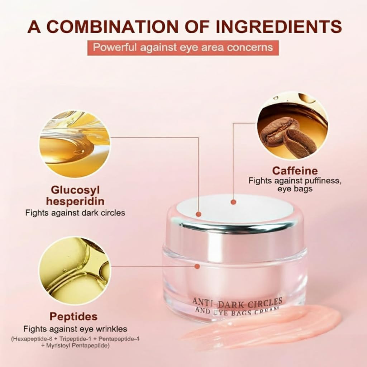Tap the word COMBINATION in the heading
point(111,27)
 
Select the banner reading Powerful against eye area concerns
point(183,48)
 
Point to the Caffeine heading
point(295,171)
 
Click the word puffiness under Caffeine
point(321,181)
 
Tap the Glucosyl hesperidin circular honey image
point(75,144)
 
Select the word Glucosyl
point(75,190)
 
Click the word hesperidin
point(75,201)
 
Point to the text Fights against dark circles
point(75,213)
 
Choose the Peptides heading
point(73,317)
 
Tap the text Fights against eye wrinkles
point(75,329)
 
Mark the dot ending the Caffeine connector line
point(233,202)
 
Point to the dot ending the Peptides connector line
point(197,266)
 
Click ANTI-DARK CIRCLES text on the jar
point(237,302)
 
